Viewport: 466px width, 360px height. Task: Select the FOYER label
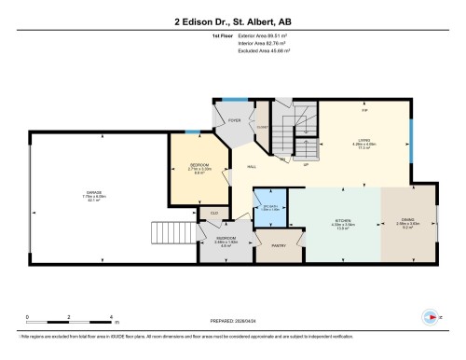tap(234, 119)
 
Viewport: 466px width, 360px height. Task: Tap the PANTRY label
tap(278, 246)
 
